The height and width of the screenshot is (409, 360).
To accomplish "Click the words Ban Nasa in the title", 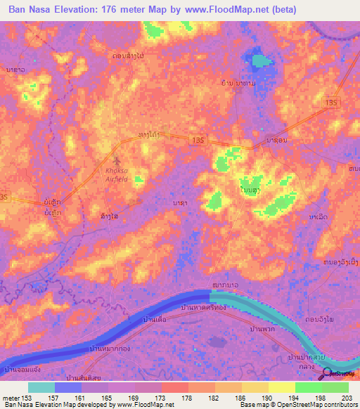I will [x=32, y=9].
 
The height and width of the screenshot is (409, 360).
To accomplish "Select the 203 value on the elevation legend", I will [x=345, y=397].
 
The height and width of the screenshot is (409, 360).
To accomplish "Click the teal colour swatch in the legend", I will [x=41, y=387].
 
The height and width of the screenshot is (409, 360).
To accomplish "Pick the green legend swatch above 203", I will [x=335, y=387].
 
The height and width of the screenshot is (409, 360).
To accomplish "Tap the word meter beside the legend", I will [x=11, y=397].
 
